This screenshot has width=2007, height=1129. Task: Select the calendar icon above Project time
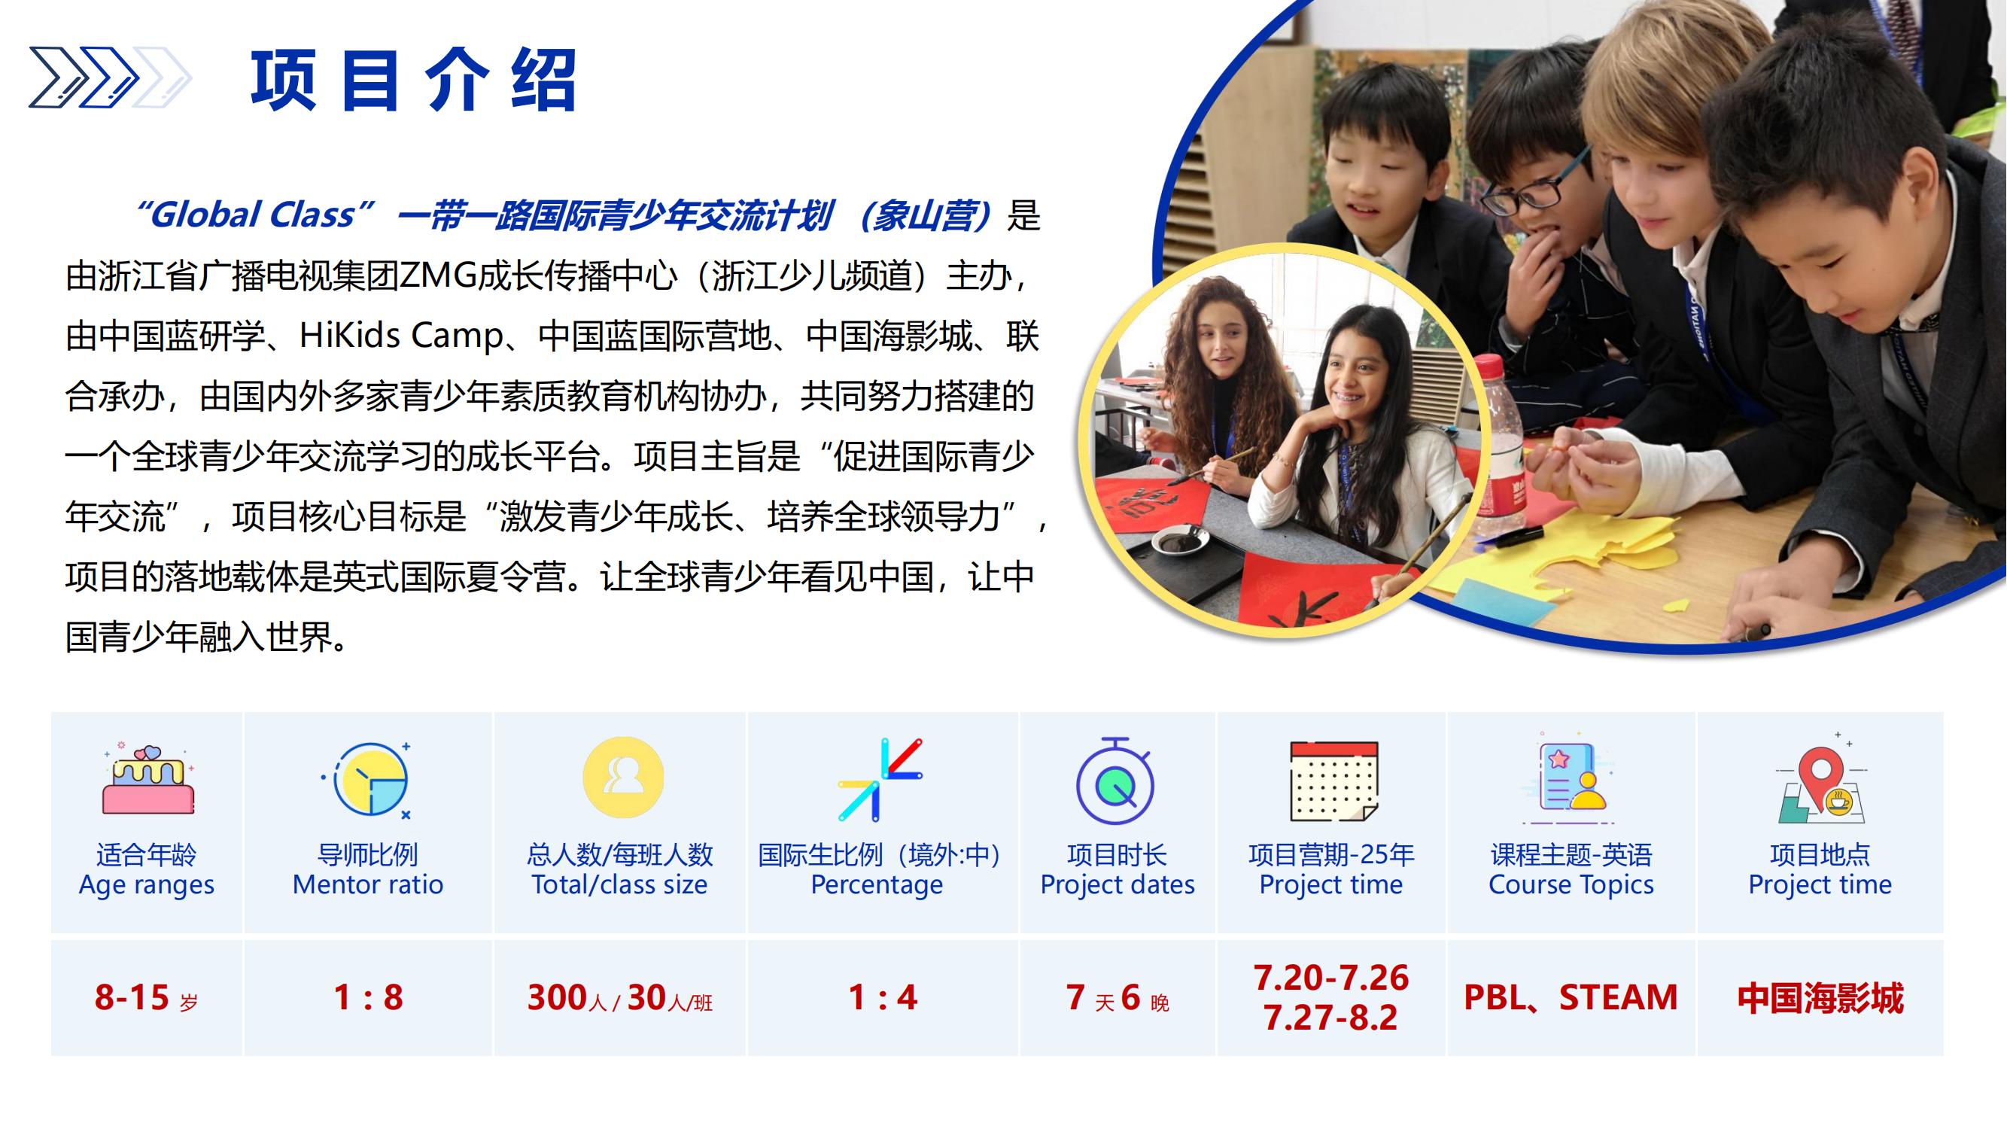pyautogui.click(x=1333, y=781)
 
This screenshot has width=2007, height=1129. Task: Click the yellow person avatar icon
pyautogui.click(x=623, y=778)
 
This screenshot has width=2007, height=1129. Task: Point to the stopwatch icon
pyautogui.click(x=1116, y=781)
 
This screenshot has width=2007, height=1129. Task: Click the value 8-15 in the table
pyautogui.click(x=132, y=997)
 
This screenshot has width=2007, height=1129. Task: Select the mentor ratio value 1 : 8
pyautogui.click(x=368, y=997)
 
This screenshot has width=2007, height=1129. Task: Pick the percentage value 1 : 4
pyautogui.click(x=883, y=997)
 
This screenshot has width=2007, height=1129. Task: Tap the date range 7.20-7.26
pyautogui.click(x=1331, y=978)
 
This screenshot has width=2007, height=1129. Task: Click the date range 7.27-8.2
pyautogui.click(x=1331, y=1018)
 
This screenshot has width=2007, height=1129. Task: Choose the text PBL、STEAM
pyautogui.click(x=1571, y=997)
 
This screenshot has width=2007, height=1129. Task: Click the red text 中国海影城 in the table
pyautogui.click(x=1820, y=998)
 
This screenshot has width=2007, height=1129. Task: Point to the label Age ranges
pyautogui.click(x=147, y=885)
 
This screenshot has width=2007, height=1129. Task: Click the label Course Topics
pyautogui.click(x=1571, y=885)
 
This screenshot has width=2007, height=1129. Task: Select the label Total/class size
pyautogui.click(x=619, y=885)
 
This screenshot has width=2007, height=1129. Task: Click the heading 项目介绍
pyautogui.click(x=413, y=80)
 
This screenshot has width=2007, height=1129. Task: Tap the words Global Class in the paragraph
pyautogui.click(x=252, y=215)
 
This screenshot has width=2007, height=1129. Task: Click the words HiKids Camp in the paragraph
pyautogui.click(x=401, y=336)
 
